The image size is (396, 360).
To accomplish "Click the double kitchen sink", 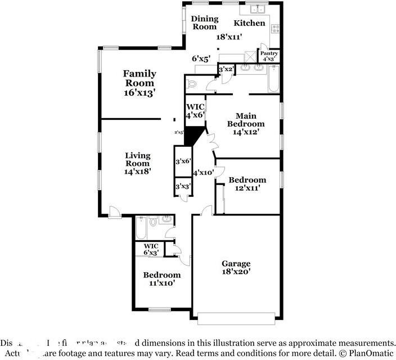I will point(258,9).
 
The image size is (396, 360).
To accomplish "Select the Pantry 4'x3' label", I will point(268,56).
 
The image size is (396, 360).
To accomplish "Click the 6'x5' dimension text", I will point(201,58).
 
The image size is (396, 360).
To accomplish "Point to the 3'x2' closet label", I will point(226,69).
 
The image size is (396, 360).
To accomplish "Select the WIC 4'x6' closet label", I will point(195,110).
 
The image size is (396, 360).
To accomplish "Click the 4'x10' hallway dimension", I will point(203,173).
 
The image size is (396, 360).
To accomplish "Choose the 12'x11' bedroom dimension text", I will point(247,188).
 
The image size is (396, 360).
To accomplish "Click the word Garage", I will point(236,263).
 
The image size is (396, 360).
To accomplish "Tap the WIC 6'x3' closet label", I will point(151,249).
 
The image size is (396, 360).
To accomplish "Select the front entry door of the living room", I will point(114,211).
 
